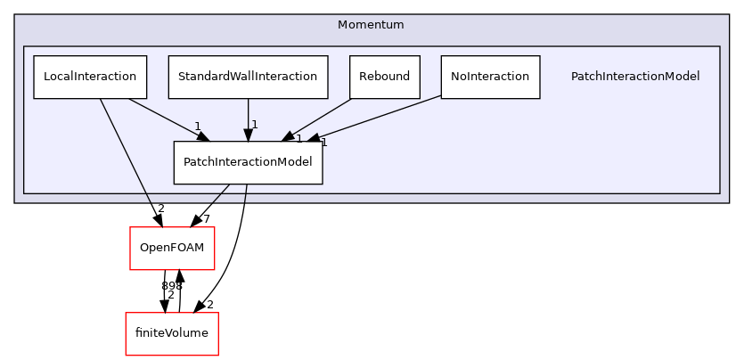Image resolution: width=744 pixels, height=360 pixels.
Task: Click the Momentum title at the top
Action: coord(371,25)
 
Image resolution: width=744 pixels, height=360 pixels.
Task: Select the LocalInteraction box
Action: coord(89,77)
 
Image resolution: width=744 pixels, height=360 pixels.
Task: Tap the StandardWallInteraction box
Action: coord(248,77)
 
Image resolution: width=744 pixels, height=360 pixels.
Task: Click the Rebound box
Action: coord(384,77)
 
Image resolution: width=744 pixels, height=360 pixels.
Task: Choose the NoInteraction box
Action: coord(490,77)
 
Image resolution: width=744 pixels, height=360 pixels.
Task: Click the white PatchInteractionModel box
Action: coord(248,162)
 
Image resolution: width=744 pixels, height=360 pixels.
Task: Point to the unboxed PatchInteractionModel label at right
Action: coord(634,77)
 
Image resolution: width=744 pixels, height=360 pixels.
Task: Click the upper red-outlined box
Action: coord(172,248)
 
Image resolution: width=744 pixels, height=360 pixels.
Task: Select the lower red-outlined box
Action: coord(171,333)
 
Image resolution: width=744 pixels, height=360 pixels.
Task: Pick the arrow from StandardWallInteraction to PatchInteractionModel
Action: coord(248,116)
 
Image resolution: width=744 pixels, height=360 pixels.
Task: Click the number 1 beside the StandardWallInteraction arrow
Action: coord(255,125)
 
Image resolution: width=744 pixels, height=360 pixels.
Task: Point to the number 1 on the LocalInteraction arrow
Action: coord(197,126)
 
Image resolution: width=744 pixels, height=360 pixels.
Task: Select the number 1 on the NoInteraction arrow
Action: coord(323,143)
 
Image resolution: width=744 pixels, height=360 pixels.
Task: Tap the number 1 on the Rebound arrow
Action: coord(298,138)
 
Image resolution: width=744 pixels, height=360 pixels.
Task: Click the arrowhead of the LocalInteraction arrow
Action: coord(202,135)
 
